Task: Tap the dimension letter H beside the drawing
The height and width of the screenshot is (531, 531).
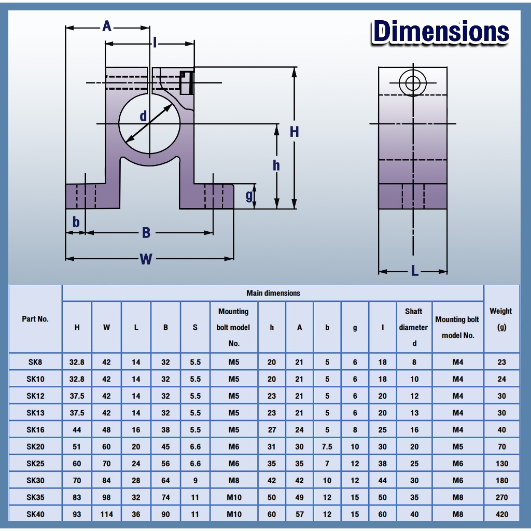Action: [294, 132]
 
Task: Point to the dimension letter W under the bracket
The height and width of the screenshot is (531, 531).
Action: [146, 259]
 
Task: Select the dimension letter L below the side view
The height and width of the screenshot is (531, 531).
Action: [414, 271]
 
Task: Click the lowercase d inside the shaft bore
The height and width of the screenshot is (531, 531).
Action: [143, 116]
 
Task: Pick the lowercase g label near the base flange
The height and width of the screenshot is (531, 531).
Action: [249, 195]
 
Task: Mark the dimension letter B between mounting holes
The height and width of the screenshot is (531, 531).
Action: [146, 233]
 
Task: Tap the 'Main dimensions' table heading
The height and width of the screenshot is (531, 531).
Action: [273, 294]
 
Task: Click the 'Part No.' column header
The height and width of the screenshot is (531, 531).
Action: [35, 319]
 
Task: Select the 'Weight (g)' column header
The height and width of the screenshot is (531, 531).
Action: [501, 319]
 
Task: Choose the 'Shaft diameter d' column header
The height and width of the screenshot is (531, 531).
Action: [414, 327]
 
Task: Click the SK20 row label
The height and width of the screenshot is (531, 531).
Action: [35, 446]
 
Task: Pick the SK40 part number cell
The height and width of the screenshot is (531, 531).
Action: [35, 514]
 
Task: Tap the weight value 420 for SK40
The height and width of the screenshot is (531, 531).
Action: [501, 514]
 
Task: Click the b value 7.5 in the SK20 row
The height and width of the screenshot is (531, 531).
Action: [327, 446]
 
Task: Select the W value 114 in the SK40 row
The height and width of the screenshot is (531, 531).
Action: [106, 514]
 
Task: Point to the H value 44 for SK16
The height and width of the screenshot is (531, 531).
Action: [77, 430]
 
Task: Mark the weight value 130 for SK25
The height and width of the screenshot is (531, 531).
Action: [501, 464]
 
